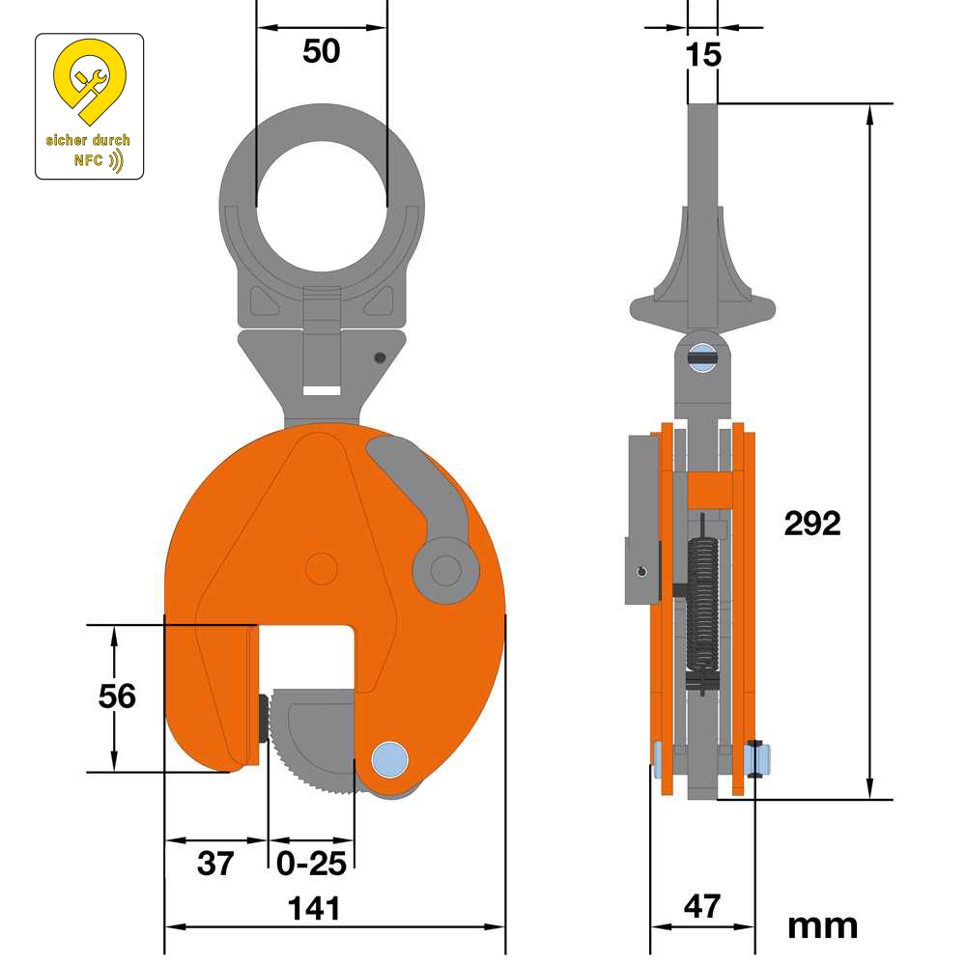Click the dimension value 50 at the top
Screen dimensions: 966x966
[x=322, y=51]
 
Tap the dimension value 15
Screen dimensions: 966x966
[x=703, y=55]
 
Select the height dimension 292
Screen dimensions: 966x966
[x=812, y=524]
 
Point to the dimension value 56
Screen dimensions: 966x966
[x=118, y=696]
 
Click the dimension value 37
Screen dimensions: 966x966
[x=215, y=863]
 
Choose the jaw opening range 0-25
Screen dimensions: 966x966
[x=311, y=863]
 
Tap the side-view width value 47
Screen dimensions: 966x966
[x=702, y=906]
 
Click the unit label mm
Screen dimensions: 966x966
[x=822, y=925]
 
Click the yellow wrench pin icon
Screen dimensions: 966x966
[x=89, y=82]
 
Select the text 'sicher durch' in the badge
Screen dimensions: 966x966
[x=88, y=140]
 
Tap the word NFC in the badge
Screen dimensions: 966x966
[x=88, y=160]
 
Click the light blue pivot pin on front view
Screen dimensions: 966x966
[x=390, y=759]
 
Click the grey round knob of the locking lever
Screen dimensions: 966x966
[x=445, y=570]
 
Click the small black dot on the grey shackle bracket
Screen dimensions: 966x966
[x=380, y=357]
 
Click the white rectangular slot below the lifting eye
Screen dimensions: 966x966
[x=322, y=390]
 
